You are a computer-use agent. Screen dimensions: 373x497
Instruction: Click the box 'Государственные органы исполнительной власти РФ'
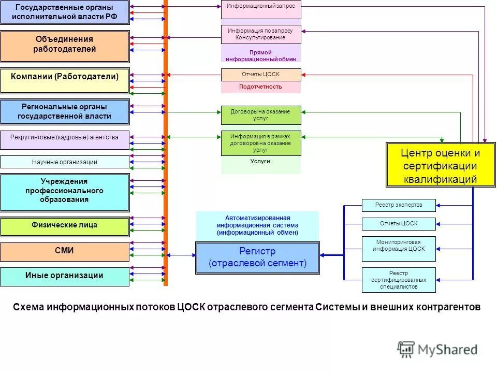coord(64,12)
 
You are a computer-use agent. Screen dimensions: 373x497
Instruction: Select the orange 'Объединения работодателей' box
coord(64,46)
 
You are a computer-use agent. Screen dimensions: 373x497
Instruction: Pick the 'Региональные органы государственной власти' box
coord(64,112)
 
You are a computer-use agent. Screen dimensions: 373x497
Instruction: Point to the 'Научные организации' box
coord(64,162)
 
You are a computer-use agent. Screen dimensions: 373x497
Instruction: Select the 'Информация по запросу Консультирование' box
coord(261,34)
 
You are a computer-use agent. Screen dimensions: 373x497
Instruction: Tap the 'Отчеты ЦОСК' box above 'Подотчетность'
coord(261,75)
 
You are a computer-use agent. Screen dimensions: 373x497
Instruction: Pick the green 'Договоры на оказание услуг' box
coord(261,115)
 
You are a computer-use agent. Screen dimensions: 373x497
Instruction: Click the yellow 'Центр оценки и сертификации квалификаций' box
coord(440,165)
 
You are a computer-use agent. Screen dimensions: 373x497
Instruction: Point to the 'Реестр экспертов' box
coord(399,205)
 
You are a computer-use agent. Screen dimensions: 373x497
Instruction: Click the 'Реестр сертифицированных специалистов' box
coord(399,280)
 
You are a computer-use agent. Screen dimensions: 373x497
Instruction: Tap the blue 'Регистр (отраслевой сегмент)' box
coord(257,257)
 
